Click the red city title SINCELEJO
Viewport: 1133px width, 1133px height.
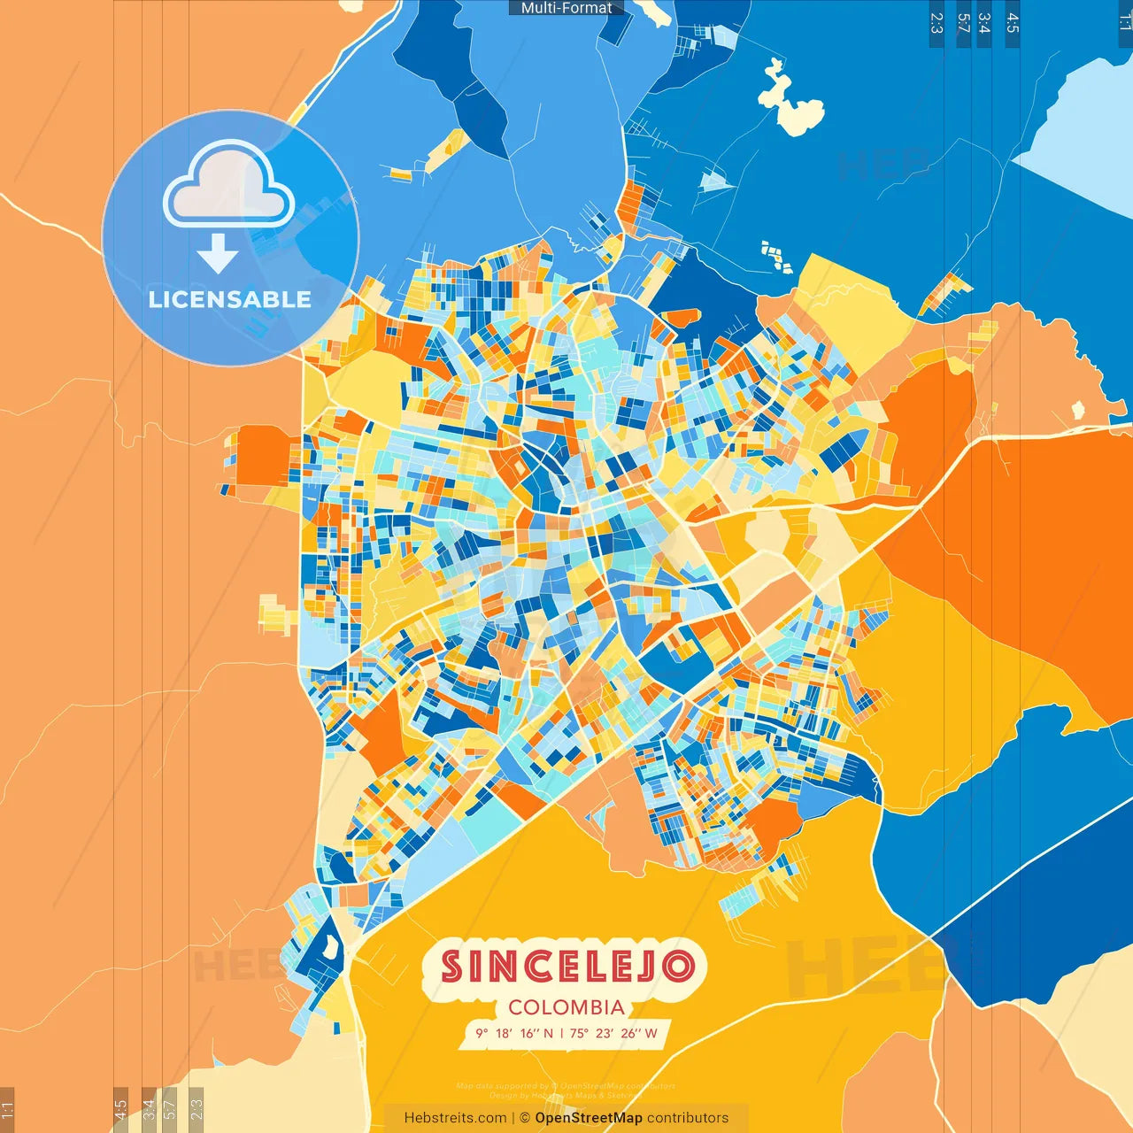click(x=566, y=967)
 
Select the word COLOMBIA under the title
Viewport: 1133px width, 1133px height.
click(x=566, y=1007)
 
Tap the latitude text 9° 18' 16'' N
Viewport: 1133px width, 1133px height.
click(x=514, y=1033)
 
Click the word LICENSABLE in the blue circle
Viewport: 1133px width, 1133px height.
click(x=230, y=299)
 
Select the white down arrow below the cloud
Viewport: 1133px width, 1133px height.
click(x=218, y=253)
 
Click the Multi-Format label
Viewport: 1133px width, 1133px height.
click(x=566, y=8)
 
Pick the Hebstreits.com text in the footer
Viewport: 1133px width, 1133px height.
click(x=455, y=1118)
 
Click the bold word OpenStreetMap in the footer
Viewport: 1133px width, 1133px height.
click(x=589, y=1118)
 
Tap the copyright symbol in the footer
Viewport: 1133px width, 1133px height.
click(x=525, y=1118)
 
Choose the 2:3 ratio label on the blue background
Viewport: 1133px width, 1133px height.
click(x=936, y=23)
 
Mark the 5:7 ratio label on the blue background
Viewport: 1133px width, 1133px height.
click(x=963, y=23)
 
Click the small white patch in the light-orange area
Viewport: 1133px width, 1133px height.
click(x=1078, y=410)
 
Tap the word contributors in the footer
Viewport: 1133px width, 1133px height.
click(x=688, y=1118)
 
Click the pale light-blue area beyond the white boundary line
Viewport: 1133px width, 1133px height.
click(x=1084, y=124)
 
